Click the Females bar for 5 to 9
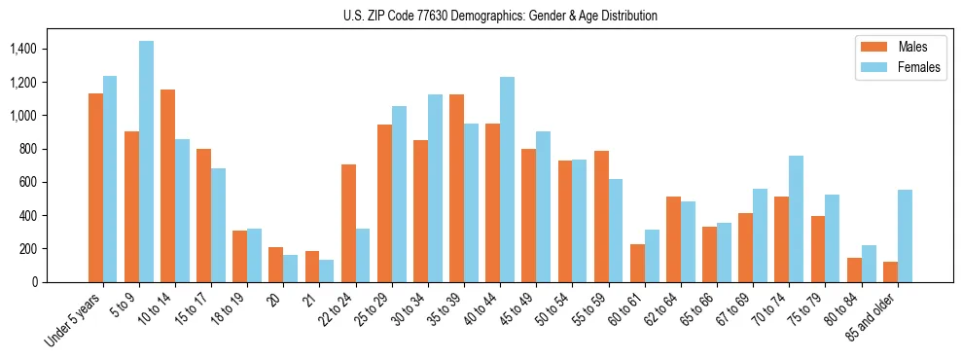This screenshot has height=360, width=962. (146, 162)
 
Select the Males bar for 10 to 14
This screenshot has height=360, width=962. (167, 186)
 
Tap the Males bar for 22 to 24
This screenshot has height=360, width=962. (348, 223)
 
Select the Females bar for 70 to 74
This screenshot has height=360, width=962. (797, 219)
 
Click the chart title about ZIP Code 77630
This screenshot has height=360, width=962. (500, 16)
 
